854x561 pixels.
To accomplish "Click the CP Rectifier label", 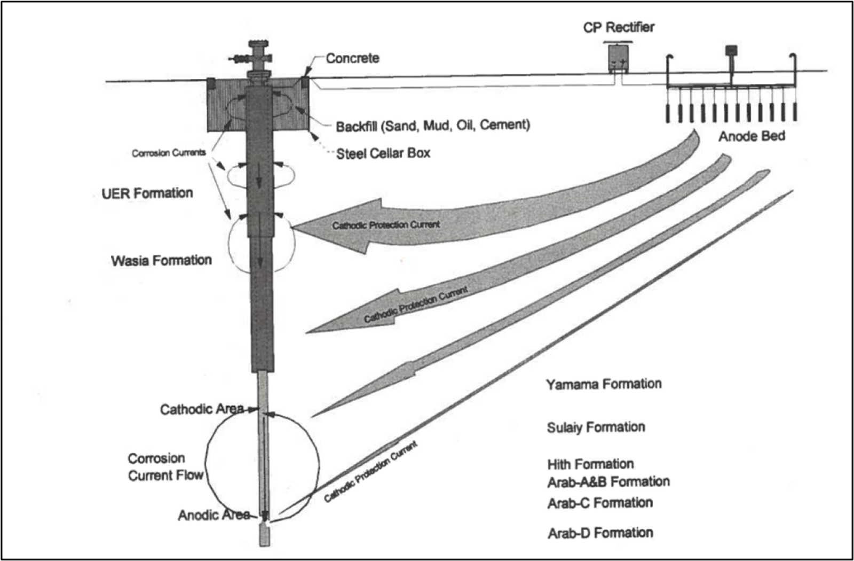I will pyautogui.click(x=618, y=28).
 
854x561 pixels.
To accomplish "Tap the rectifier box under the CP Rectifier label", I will pyautogui.click(x=620, y=58).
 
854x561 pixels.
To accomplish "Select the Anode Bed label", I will pyautogui.click(x=752, y=136).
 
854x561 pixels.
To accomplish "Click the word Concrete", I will pyautogui.click(x=353, y=58).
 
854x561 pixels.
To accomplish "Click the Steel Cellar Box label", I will pyautogui.click(x=383, y=153).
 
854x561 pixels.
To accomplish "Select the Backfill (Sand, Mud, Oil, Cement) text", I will pyautogui.click(x=433, y=126).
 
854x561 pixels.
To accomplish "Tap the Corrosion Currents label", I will pyautogui.click(x=169, y=153).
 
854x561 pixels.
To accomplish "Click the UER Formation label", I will pyautogui.click(x=147, y=193).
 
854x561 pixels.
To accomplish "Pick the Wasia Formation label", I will pyautogui.click(x=161, y=261).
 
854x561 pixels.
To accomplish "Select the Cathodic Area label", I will pyautogui.click(x=201, y=410).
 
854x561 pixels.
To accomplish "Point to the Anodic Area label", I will pyautogui.click(x=213, y=516).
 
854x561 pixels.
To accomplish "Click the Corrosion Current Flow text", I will pyautogui.click(x=165, y=467).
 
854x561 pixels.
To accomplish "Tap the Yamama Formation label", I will pyautogui.click(x=604, y=384).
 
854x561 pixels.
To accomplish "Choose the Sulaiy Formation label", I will pyautogui.click(x=596, y=427).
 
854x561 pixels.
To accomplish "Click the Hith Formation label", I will pyautogui.click(x=590, y=464).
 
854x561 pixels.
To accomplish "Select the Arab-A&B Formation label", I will pyautogui.click(x=608, y=482).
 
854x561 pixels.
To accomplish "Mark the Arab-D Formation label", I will pyautogui.click(x=600, y=533).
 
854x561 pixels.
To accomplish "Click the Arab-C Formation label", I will pyautogui.click(x=600, y=503).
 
